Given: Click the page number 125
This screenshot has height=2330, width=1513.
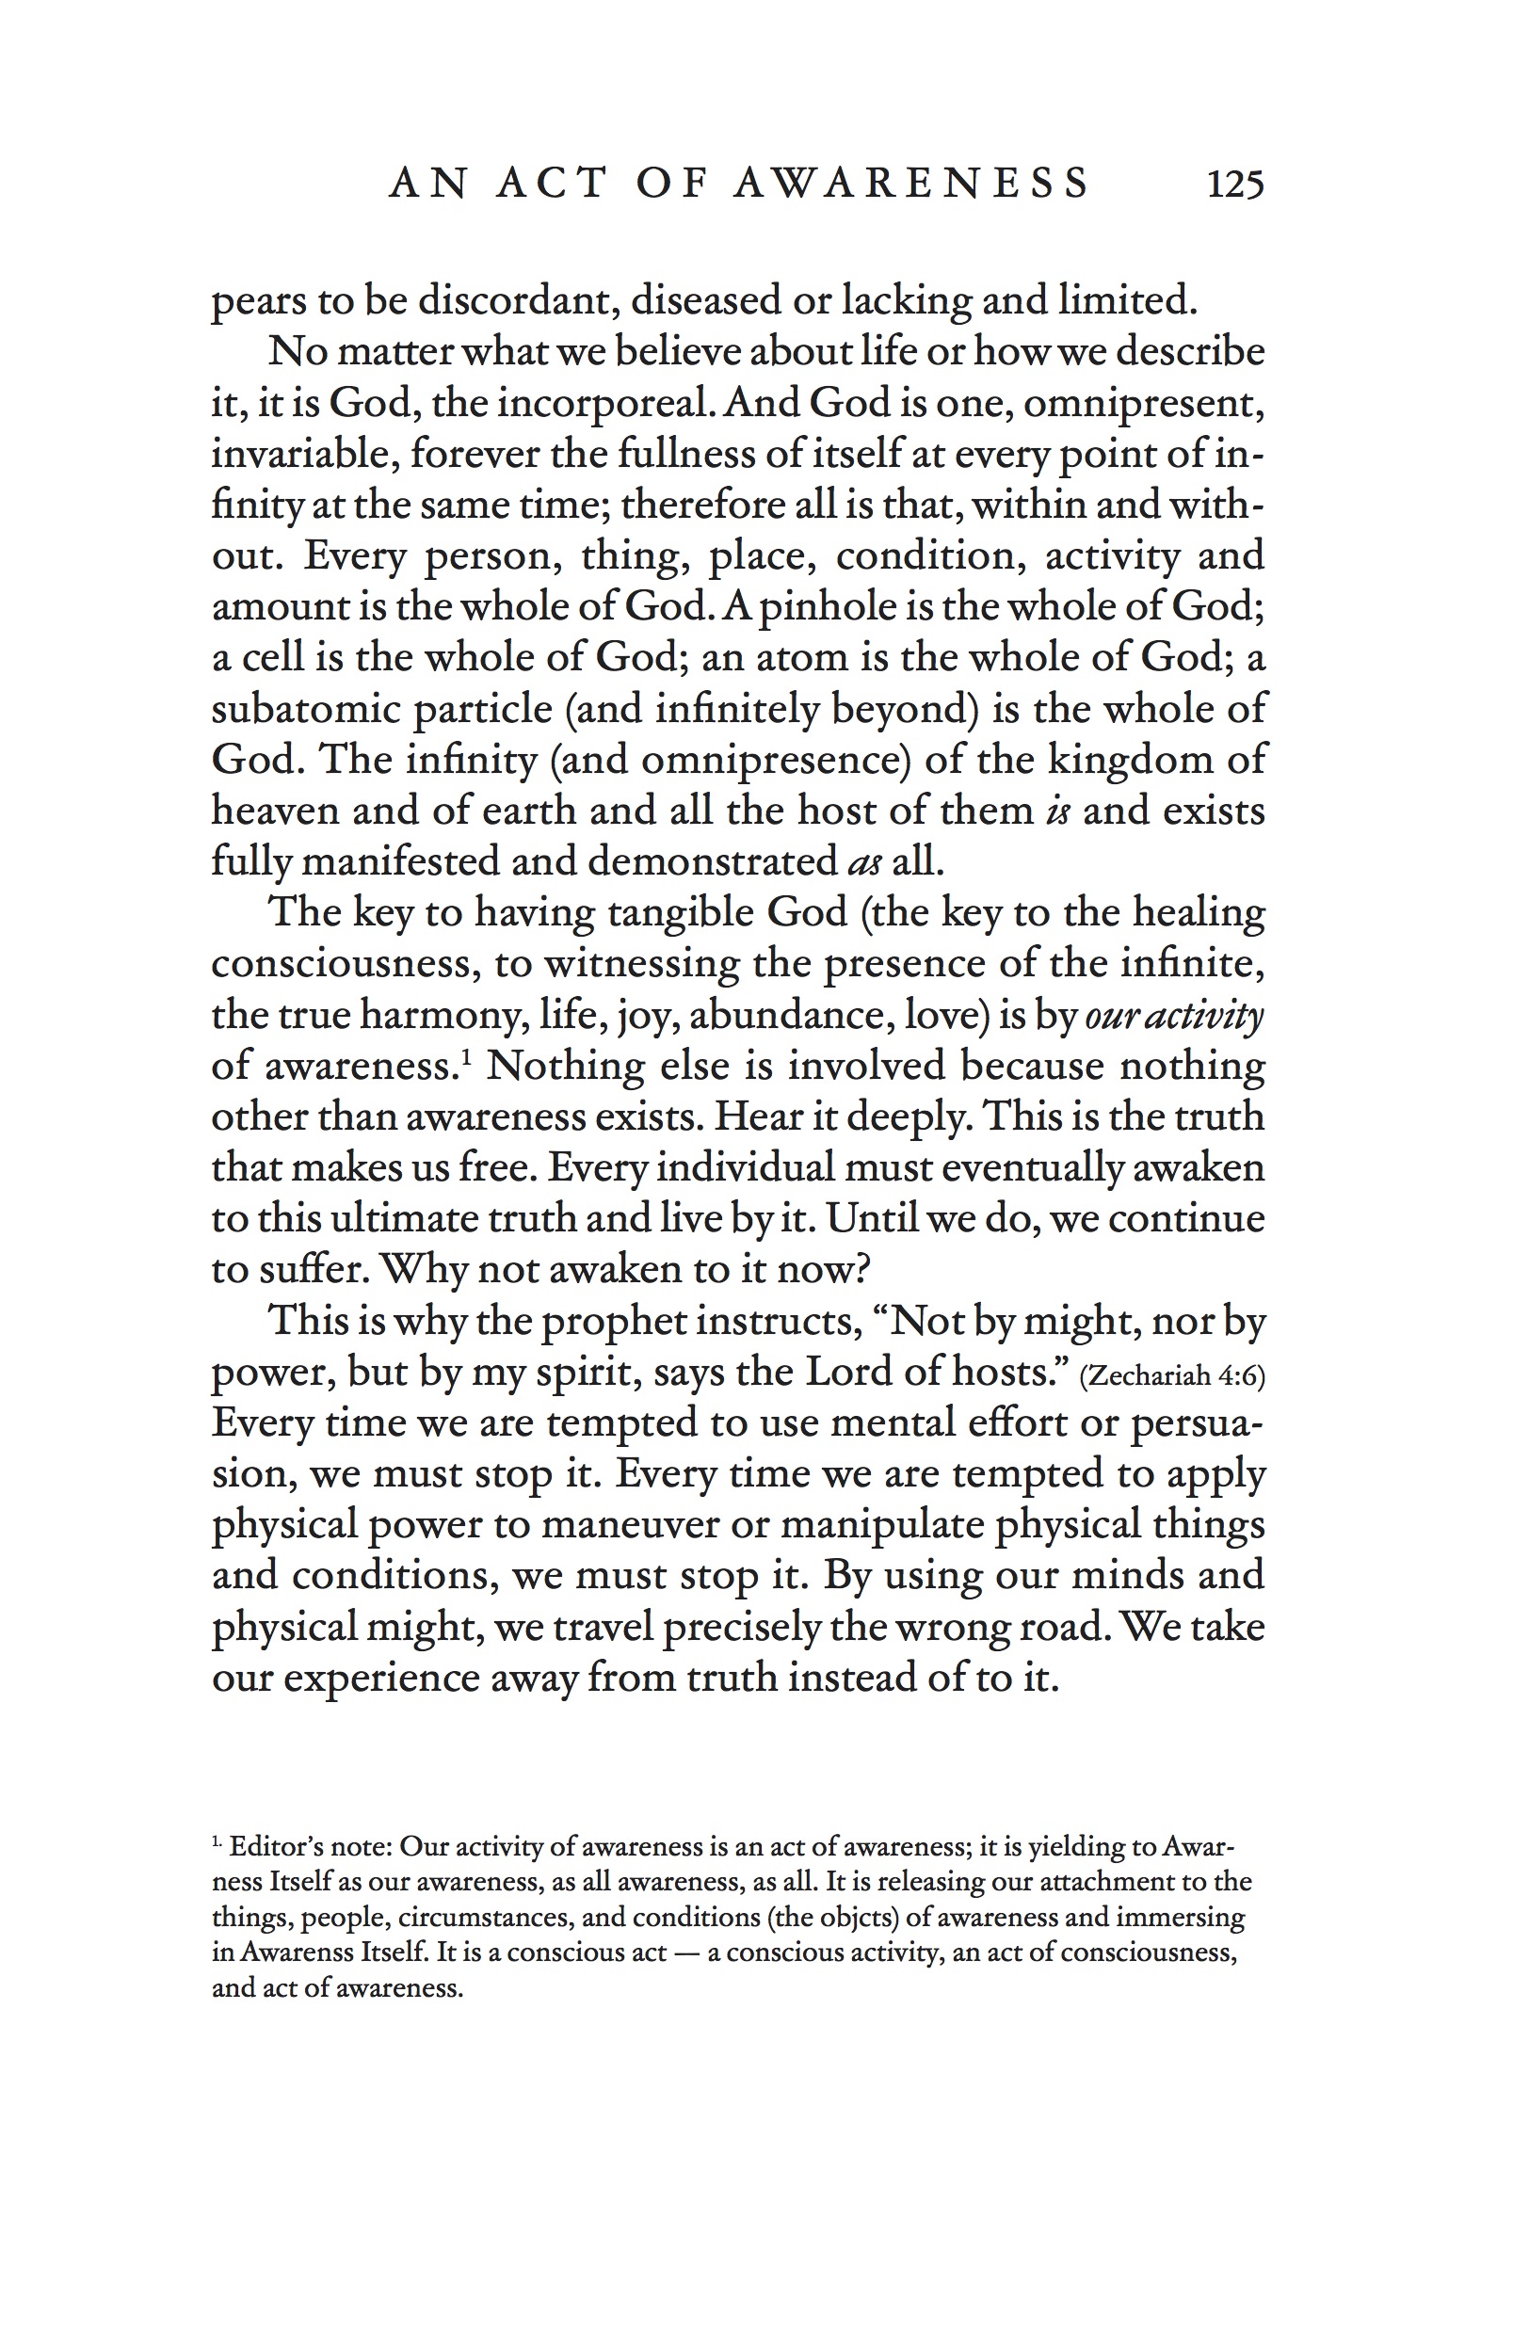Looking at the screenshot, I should click(x=1235, y=185).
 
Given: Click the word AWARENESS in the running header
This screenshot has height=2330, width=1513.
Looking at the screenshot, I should click(x=910, y=185).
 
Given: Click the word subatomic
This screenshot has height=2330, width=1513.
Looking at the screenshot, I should click(x=307, y=709).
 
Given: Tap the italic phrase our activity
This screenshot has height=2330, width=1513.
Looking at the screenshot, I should click(x=1173, y=1015).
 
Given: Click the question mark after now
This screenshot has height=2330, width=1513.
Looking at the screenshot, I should click(x=861, y=1270).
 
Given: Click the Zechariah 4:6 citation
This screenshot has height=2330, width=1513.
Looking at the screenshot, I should click(x=1171, y=1376).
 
